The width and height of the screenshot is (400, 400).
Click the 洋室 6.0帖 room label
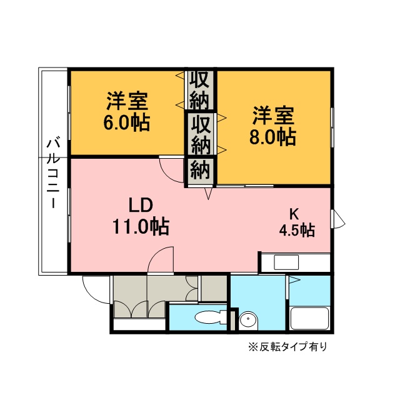tap(127, 111)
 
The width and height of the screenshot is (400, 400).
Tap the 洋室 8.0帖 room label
tap(273, 126)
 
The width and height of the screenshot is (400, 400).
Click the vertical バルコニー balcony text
tap(52, 172)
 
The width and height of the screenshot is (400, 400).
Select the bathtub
tap(310, 318)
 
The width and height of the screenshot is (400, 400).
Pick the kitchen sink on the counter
tap(286, 262)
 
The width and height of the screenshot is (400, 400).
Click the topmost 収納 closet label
tap(200, 90)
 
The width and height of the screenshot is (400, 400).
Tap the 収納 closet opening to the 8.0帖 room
tap(201, 134)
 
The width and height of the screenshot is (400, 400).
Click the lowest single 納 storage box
tap(201, 170)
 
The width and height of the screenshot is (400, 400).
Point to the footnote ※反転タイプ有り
tap(287, 347)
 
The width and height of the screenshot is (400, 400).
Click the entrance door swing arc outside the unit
tap(94, 291)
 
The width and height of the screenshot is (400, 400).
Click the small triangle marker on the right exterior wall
tap(337, 219)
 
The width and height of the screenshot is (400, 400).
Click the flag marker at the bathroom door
tap(294, 279)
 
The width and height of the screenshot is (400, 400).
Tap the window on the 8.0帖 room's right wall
tap(332, 127)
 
